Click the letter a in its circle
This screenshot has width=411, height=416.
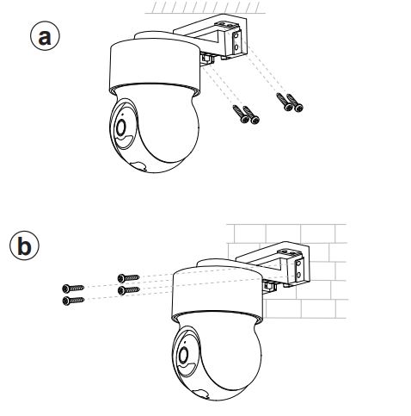(45, 37)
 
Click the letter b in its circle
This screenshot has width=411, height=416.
(24, 246)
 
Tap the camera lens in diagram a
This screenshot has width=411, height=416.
(121, 127)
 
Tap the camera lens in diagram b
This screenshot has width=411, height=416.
(183, 355)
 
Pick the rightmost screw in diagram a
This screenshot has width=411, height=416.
(295, 102)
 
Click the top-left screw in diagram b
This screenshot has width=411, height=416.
(73, 288)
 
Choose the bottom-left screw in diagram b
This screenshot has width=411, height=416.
(73, 301)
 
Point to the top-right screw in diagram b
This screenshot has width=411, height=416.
(128, 278)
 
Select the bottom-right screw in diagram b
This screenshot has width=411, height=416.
(128, 290)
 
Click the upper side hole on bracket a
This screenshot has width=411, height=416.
(236, 37)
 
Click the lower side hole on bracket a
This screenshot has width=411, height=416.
(236, 47)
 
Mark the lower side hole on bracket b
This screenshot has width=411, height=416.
(299, 275)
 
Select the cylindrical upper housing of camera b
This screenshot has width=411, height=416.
(218, 292)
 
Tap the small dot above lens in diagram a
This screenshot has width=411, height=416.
(123, 115)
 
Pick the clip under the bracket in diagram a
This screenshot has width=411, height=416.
(207, 59)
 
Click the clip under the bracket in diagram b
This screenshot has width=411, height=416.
(269, 286)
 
